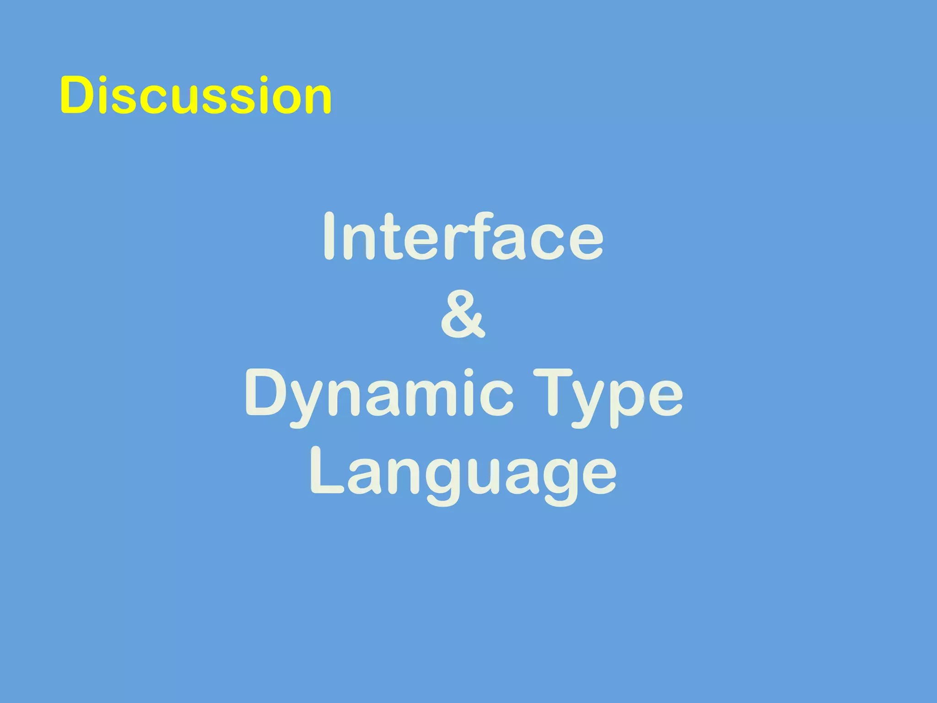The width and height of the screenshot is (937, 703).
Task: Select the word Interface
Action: (x=463, y=237)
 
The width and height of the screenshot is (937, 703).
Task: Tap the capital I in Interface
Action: (x=330, y=237)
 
